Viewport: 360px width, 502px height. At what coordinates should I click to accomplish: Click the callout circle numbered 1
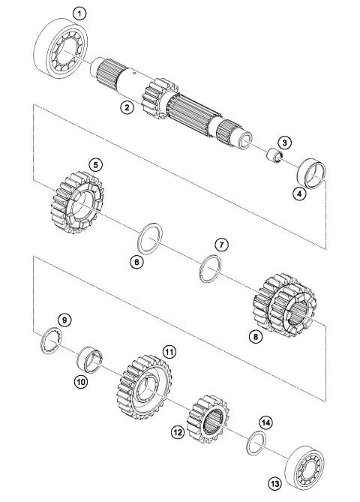[79, 14]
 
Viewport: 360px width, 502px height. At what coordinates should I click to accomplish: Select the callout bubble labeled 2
[127, 107]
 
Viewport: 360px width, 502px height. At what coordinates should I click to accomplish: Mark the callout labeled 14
[266, 422]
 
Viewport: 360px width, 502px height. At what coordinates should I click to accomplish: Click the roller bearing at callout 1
[61, 48]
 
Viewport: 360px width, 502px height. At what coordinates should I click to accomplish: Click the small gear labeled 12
[207, 419]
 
